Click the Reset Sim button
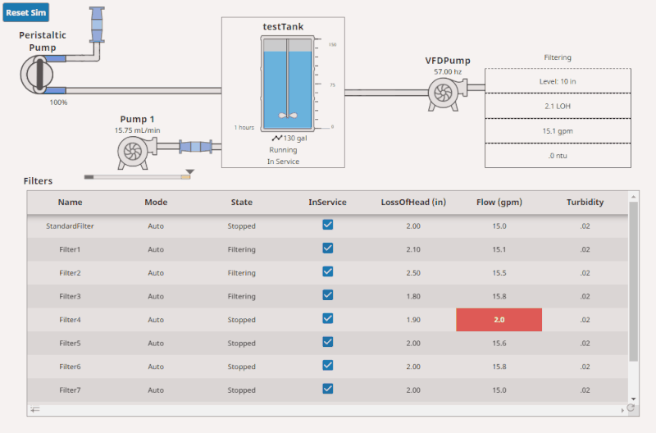point(26,13)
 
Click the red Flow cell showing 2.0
point(499,320)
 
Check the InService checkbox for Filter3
point(327,295)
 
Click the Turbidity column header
point(585,202)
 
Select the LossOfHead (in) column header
point(413,202)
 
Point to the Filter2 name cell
point(70,273)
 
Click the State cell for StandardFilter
point(241,226)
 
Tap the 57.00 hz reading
point(448,72)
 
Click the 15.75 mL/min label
point(138,130)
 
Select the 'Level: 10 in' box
point(558,81)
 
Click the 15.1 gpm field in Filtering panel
point(558,130)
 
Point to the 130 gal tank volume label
point(294,138)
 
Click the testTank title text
point(283,27)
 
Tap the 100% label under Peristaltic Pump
point(58,103)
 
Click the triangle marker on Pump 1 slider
point(189,172)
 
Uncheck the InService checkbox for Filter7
point(327,389)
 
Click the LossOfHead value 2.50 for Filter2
point(413,273)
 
